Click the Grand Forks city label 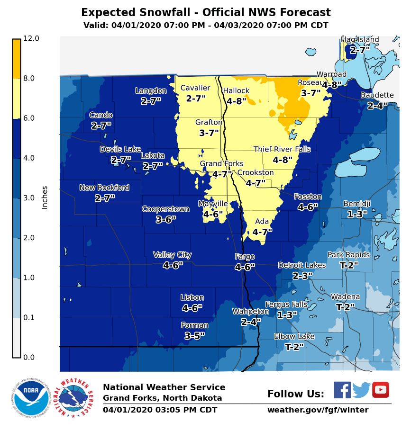point(221,164)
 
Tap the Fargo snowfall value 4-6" point(245,267)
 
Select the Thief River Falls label point(282,150)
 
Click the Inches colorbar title point(45,198)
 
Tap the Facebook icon point(342,390)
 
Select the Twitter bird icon point(361,390)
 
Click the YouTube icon point(380,390)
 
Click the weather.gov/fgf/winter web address point(318,410)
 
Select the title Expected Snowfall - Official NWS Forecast point(206,13)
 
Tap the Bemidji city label point(357,204)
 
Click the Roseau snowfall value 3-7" point(311,93)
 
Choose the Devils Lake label point(120,150)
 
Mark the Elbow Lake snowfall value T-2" point(294,347)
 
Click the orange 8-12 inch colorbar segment point(17,59)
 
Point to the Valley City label point(173,255)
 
